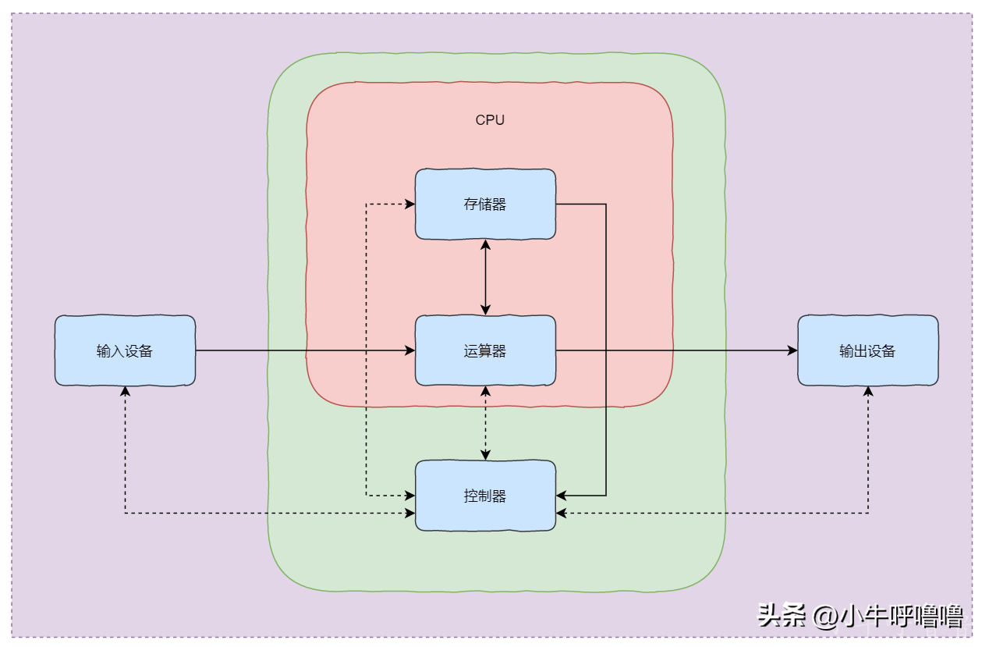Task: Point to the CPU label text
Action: (x=490, y=120)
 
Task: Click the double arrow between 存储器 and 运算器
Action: (x=486, y=277)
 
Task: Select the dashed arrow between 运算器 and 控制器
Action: (x=486, y=422)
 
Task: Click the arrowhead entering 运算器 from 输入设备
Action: (x=410, y=351)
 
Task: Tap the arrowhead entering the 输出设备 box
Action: (x=792, y=351)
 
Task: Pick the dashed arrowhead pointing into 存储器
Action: (x=409, y=204)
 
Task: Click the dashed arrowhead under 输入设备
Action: (x=125, y=391)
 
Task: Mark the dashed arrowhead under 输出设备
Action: (x=868, y=391)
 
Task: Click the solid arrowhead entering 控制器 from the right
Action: (x=562, y=496)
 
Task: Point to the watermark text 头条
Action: (x=782, y=616)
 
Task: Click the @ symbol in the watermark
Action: (x=824, y=617)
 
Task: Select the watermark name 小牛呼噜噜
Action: (x=901, y=617)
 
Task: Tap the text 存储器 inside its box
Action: (x=485, y=204)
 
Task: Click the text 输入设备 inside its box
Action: (x=125, y=351)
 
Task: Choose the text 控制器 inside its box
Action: (x=485, y=496)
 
